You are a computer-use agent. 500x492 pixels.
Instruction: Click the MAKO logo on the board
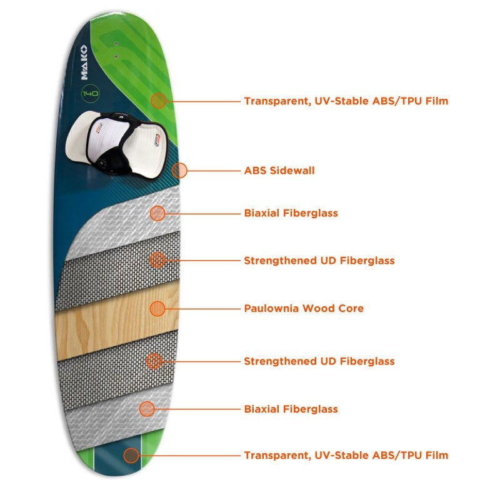point(84,63)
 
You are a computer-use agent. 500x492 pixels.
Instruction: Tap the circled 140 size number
point(90,93)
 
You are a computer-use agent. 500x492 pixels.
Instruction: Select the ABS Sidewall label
point(279,171)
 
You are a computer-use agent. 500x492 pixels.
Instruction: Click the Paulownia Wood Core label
point(304,308)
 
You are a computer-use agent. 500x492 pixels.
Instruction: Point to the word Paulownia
point(272,308)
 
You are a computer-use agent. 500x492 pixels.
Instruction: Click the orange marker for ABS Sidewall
point(179,170)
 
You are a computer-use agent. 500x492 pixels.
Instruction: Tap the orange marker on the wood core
point(157,309)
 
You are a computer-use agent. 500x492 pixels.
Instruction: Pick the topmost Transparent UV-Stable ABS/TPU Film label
point(346,101)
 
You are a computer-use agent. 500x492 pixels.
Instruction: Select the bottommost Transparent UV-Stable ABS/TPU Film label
point(346,455)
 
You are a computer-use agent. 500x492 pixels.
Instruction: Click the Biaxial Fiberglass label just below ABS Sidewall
point(291,213)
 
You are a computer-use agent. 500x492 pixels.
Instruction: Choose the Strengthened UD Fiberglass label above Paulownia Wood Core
point(319,261)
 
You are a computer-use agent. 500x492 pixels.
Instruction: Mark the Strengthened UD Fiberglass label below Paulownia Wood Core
point(319,361)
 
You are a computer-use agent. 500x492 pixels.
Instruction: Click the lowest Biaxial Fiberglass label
point(291,409)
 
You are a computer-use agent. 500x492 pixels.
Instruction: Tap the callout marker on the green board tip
point(159,101)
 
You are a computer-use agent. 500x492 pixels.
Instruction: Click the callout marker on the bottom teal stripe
point(131,455)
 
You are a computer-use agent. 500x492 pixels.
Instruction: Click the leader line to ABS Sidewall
point(214,171)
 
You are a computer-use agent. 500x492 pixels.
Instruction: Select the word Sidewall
point(292,171)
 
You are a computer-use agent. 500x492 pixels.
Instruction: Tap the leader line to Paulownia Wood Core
point(202,309)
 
